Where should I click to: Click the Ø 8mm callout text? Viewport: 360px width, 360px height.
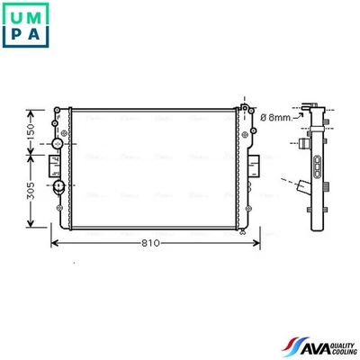tap(275, 117)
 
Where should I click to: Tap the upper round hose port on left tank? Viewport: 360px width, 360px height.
tap(58, 144)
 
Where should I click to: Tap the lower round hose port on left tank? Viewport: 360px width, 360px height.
tap(58, 186)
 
